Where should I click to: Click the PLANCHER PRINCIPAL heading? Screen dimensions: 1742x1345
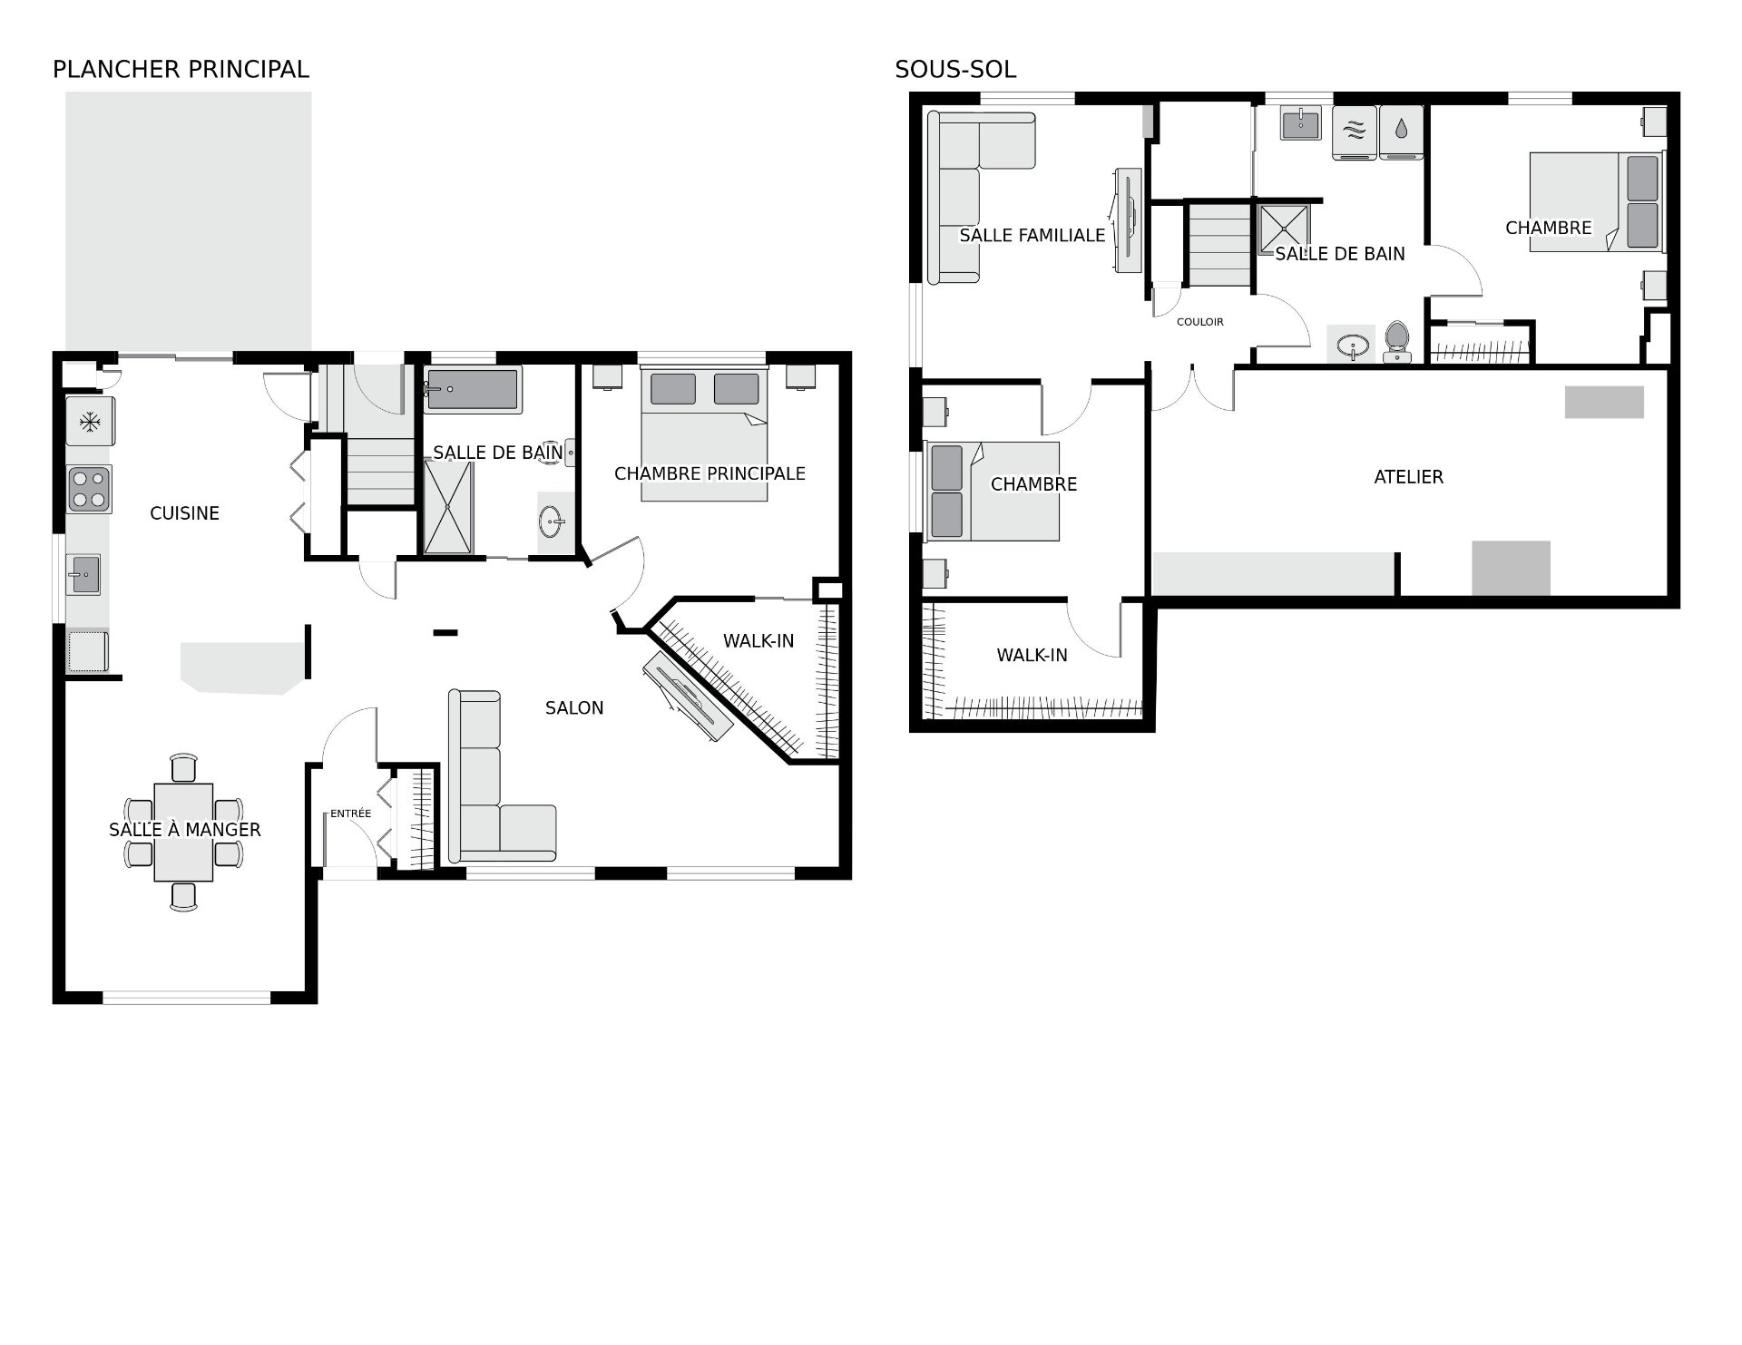click(x=181, y=70)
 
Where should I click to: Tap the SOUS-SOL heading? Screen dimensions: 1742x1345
click(x=955, y=70)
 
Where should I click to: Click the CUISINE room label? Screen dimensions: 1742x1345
click(x=184, y=513)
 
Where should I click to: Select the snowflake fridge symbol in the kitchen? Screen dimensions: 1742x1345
click(x=90, y=421)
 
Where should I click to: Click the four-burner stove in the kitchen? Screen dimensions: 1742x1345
click(x=89, y=490)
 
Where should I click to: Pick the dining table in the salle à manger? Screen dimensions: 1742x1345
click(x=184, y=833)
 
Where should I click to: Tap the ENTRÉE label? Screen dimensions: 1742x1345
click(x=350, y=814)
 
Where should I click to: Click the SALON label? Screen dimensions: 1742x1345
click(x=574, y=708)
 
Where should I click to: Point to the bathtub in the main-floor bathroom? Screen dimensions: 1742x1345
click(x=473, y=390)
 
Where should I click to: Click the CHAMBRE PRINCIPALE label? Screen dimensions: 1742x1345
click(x=710, y=473)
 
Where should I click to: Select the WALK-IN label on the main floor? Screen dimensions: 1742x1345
click(x=758, y=641)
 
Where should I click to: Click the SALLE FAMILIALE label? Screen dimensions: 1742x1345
click(x=1032, y=236)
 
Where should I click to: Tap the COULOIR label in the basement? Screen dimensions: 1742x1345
click(x=1199, y=322)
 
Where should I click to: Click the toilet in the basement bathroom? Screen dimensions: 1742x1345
click(x=1397, y=343)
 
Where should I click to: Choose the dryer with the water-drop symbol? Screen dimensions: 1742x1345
click(x=1401, y=132)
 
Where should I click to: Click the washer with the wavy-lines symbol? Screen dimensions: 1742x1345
click(x=1355, y=132)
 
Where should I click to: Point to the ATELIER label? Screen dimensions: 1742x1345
click(x=1408, y=477)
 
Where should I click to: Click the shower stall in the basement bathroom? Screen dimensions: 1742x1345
click(x=1284, y=232)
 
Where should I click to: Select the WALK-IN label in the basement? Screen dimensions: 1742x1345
click(x=1032, y=656)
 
